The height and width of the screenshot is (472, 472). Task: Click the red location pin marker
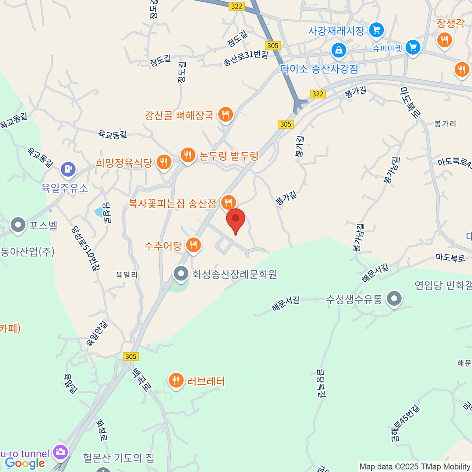tap(236, 220)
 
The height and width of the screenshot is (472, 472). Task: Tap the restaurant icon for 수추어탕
tap(193, 245)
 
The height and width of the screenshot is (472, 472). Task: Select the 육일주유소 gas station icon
tap(68, 169)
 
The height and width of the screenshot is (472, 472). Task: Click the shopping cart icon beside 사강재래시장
tap(376, 29)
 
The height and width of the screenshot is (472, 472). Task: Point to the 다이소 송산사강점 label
tap(319, 69)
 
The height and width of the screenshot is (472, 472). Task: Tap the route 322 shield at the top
tap(236, 6)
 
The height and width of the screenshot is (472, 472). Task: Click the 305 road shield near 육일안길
tap(131, 356)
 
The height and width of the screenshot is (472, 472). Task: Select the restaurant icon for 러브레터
tap(176, 380)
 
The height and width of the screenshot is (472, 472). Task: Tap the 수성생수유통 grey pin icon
tap(394, 299)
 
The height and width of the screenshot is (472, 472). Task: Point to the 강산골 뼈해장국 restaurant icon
tap(225, 114)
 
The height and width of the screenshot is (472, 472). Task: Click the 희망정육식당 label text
tap(124, 162)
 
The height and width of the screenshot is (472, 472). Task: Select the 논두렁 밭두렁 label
tap(229, 156)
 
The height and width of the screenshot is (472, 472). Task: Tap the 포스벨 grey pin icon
tap(18, 225)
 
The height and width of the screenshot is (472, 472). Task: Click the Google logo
tap(25, 463)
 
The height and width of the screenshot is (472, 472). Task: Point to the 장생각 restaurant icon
tap(444, 40)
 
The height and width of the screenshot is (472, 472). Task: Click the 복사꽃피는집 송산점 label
tap(172, 203)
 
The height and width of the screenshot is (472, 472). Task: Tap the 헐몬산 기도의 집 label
tap(118, 458)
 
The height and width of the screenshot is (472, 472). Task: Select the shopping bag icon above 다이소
tap(338, 50)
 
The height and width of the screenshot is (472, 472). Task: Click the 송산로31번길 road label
tap(245, 58)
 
